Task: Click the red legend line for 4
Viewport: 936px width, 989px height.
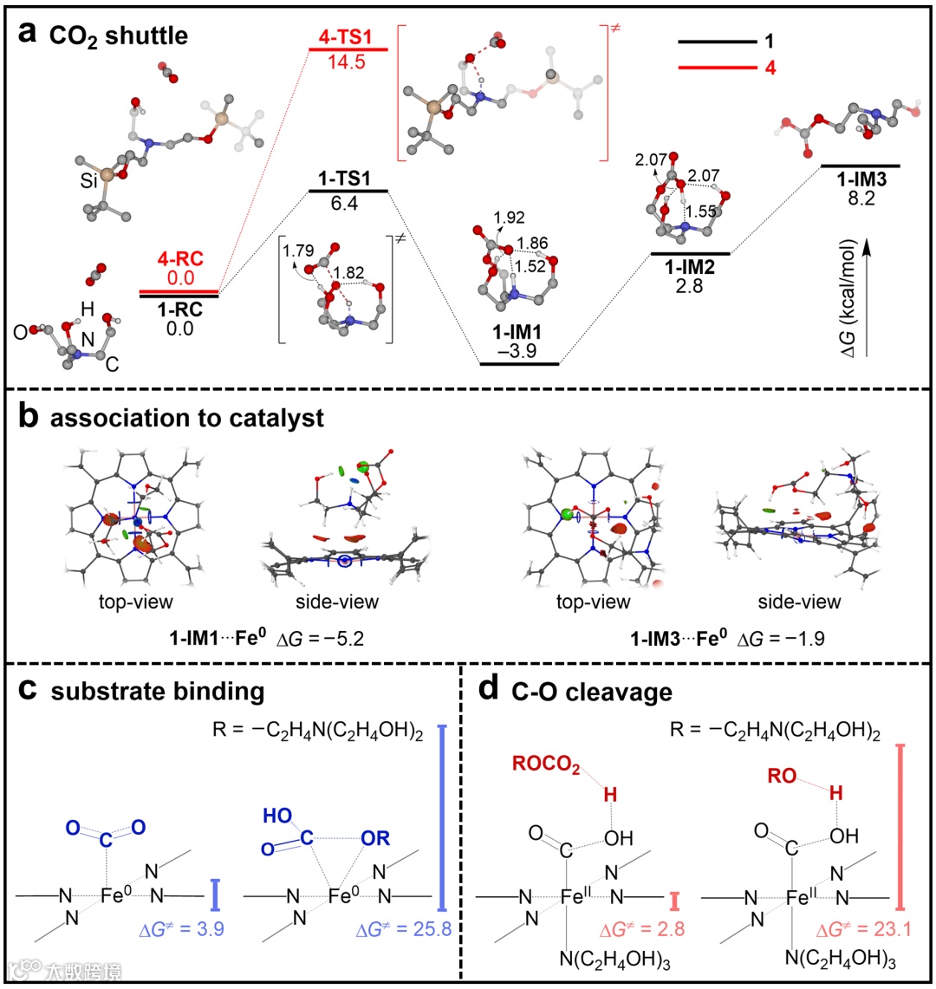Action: pyautogui.click(x=716, y=65)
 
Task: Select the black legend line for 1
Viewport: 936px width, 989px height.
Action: pyautogui.click(x=716, y=41)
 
